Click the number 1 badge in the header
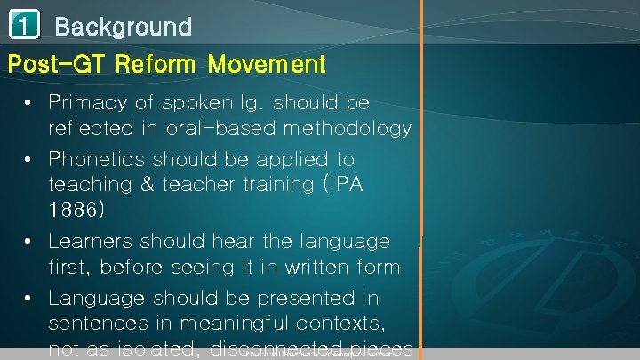coord(24,26)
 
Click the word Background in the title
coord(123,27)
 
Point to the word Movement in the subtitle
coord(267,64)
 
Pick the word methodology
coord(347,129)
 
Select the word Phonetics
coord(97,160)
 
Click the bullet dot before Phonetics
coord(29,160)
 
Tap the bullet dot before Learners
coord(29,242)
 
